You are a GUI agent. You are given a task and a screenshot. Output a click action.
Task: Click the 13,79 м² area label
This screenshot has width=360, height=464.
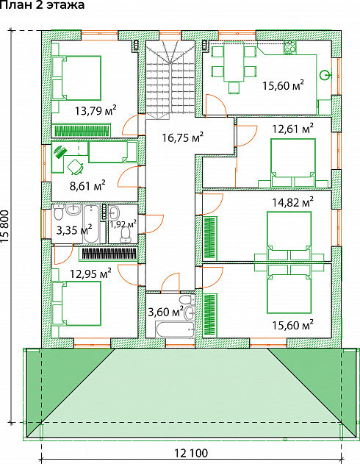point(96,110)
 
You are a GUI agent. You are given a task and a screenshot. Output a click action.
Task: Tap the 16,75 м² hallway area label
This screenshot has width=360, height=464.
point(183,137)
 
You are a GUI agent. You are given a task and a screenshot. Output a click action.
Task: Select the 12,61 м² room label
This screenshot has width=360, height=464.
point(292,129)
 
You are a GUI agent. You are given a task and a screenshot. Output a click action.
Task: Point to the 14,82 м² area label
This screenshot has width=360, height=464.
point(292,202)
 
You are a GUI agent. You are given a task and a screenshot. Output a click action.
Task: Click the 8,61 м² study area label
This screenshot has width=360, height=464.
point(87,186)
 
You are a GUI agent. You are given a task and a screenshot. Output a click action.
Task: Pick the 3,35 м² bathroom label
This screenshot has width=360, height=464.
point(74,229)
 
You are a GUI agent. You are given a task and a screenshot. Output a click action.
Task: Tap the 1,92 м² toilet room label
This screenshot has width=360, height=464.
point(123,224)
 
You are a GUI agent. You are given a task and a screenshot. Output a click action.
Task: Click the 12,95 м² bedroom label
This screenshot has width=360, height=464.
point(90,273)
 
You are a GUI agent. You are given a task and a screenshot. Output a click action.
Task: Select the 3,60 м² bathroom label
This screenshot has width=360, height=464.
point(165,312)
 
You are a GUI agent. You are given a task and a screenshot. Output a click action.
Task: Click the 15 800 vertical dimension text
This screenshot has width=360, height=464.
point(5,226)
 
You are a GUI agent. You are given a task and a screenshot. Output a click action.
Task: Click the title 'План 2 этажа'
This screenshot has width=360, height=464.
point(43,4)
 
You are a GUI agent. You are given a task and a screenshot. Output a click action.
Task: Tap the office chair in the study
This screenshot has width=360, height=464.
point(76,166)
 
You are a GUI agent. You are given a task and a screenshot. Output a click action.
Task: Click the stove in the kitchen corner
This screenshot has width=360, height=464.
point(290,47)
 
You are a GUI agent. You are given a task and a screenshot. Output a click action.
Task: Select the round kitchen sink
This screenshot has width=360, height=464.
point(325,75)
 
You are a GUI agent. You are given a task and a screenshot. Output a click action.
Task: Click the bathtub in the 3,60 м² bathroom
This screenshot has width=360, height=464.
point(175,329)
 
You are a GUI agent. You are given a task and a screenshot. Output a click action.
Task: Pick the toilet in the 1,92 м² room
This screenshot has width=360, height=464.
point(126,234)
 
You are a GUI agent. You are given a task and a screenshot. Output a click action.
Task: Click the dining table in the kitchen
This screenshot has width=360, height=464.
point(234,62)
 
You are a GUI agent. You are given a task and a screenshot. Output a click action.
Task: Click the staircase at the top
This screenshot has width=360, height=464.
point(170,80)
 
